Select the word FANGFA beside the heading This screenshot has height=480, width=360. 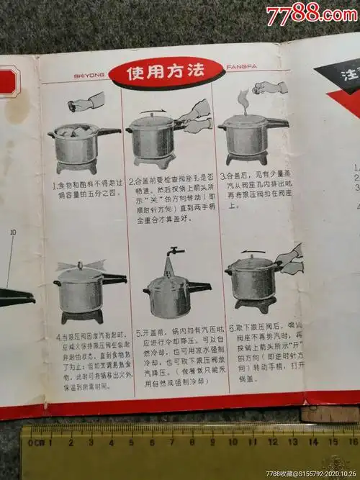(241, 73)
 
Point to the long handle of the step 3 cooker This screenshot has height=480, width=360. (276, 123)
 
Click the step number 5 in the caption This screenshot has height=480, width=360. (139, 334)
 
